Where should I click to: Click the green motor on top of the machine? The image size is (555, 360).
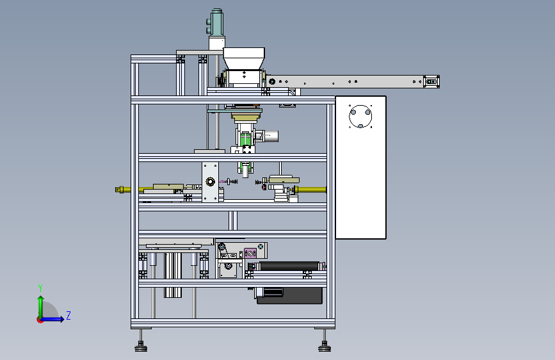tap(217, 24)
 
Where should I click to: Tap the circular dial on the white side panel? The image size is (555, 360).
tap(361, 117)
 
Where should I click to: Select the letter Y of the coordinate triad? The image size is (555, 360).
tap(40, 288)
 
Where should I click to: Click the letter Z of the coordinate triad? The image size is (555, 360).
tap(68, 315)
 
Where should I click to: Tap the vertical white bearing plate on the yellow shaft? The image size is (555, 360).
tap(210, 182)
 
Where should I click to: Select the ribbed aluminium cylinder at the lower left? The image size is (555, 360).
tap(173, 274)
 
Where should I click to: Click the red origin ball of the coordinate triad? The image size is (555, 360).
tap(40, 319)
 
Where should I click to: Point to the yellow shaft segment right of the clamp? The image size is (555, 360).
tap(311, 190)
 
